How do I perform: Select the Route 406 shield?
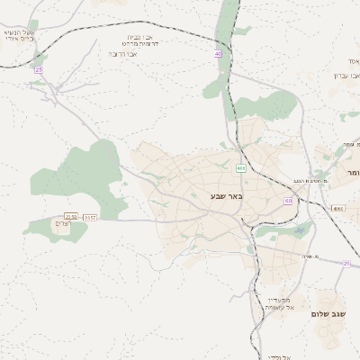[x=241, y=168]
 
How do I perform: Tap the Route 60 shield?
[x=287, y=202]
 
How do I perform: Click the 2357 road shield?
[x=89, y=217]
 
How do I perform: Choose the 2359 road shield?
[x=70, y=217]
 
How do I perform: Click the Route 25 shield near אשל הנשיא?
[x=39, y=69]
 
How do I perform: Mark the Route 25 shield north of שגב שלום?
[x=346, y=264]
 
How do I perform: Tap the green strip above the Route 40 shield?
[x=229, y=18]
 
